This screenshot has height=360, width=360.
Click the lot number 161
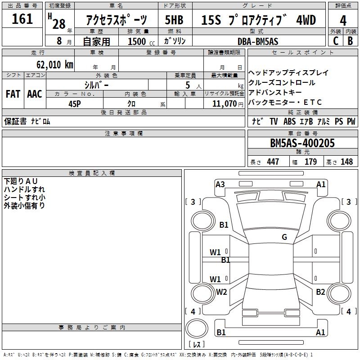point(22,19)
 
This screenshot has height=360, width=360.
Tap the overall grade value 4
point(343,20)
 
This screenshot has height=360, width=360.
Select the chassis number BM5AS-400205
point(302,143)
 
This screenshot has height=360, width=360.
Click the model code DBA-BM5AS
point(258,41)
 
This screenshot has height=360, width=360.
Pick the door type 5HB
point(174,20)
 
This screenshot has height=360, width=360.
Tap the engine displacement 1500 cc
point(137,41)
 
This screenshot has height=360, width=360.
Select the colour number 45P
point(75,103)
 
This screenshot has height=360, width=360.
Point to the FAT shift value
point(13,94)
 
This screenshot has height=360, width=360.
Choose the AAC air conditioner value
point(34,94)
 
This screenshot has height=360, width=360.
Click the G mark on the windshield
point(284,237)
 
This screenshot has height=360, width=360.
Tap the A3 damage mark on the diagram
point(220,184)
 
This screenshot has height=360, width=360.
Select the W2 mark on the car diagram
point(221,292)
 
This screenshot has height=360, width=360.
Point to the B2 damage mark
point(320,292)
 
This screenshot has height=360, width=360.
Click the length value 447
point(273,162)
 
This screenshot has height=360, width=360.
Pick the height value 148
point(346,162)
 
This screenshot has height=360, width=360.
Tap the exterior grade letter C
point(336,41)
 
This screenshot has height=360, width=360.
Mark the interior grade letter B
point(351,41)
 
